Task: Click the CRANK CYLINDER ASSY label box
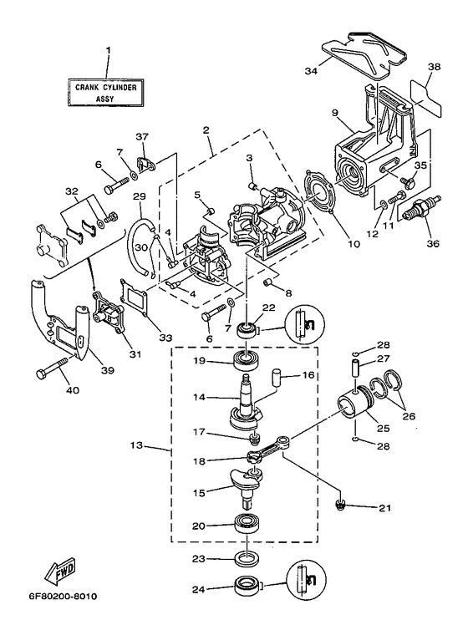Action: [x=105, y=93]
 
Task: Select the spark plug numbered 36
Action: [x=422, y=208]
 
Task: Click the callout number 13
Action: [x=136, y=445]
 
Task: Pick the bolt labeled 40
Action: [x=52, y=368]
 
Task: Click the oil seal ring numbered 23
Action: [x=247, y=559]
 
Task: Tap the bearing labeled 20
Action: [x=247, y=524]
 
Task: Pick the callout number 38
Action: [x=434, y=67]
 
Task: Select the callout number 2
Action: [x=206, y=130]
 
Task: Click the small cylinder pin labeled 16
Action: [x=275, y=376]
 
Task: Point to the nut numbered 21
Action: [x=340, y=504]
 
